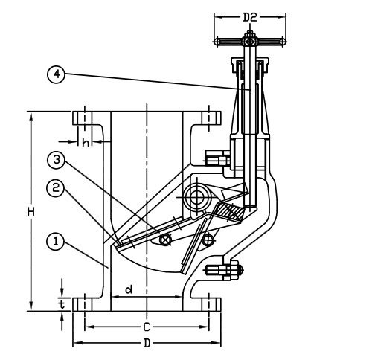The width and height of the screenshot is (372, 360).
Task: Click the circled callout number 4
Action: click(56, 74)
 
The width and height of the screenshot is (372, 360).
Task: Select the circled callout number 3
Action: click(56, 160)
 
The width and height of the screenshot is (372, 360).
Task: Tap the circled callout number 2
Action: click(56, 188)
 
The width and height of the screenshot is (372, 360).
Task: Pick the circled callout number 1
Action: click(56, 242)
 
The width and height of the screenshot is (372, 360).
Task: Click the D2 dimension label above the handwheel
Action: click(250, 17)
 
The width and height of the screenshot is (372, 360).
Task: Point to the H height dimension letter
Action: click(31, 212)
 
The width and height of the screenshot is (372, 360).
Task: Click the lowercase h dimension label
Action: click(86, 142)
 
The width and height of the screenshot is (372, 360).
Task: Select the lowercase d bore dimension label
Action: click(129, 289)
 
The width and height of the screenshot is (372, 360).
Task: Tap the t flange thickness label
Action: click(62, 304)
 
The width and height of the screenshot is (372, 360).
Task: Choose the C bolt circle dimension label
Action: click(147, 327)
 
